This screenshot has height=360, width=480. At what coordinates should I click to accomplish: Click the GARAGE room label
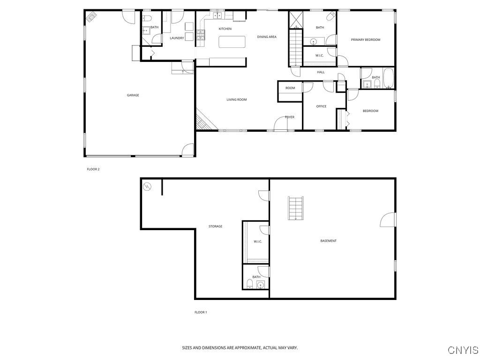pyautogui.click(x=133, y=95)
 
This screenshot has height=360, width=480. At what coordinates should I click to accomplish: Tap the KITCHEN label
pyautogui.click(x=225, y=29)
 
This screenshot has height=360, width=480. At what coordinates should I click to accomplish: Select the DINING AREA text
pyautogui.click(x=266, y=37)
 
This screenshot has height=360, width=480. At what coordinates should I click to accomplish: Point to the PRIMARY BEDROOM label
pyautogui.click(x=366, y=40)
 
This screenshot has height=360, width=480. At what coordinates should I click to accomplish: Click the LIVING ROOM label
pyautogui.click(x=236, y=99)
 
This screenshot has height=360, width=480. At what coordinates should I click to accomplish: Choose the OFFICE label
pyautogui.click(x=321, y=106)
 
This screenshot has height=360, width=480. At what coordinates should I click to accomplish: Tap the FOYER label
pyautogui.click(x=290, y=117)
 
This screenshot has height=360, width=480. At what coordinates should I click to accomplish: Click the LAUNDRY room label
pyautogui.click(x=177, y=38)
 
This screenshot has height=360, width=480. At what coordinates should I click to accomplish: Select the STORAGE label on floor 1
pyautogui.click(x=215, y=226)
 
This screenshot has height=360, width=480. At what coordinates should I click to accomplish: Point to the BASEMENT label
pyautogui.click(x=328, y=241)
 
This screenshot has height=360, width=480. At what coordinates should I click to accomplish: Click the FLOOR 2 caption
pyautogui.click(x=93, y=169)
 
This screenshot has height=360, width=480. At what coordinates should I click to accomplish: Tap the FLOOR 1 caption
pyautogui.click(x=201, y=312)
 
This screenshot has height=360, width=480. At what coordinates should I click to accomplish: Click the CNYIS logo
pyautogui.click(x=463, y=350)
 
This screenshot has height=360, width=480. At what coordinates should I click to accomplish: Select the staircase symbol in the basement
pyautogui.click(x=296, y=208)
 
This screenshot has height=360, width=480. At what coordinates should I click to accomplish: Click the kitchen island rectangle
pyautogui.click(x=233, y=42)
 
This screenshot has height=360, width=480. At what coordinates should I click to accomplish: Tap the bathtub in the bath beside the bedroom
pyautogui.click(x=389, y=79)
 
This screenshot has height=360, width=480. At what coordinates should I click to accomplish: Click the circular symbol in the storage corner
pyautogui.click(x=147, y=186)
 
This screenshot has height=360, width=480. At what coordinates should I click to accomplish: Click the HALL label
pyautogui.click(x=321, y=72)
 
